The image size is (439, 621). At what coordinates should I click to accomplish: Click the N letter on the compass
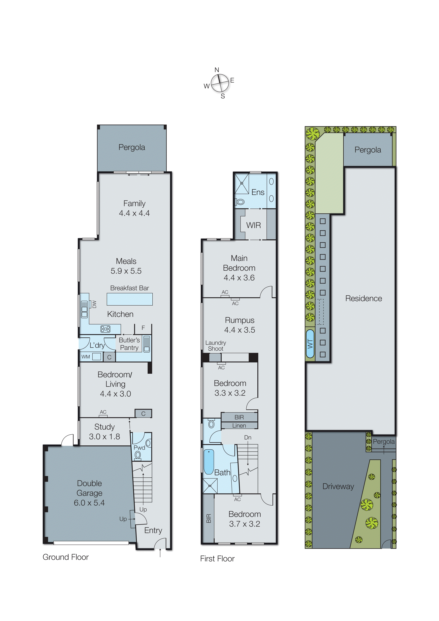click(217, 70)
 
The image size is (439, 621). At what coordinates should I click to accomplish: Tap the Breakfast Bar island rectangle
click(130, 299)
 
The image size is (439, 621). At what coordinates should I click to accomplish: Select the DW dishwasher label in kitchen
click(94, 304)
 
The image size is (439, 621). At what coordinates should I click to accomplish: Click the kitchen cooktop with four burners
click(105, 329)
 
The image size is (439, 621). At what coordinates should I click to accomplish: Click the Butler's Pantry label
click(129, 344)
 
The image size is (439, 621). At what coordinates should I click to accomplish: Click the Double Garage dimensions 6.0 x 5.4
click(89, 503)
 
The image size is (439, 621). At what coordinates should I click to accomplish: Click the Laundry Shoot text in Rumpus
click(216, 346)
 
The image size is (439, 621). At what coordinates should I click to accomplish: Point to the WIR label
click(253, 225)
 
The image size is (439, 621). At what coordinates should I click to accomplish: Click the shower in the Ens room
click(242, 183)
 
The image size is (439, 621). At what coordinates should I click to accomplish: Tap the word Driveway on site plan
click(338, 486)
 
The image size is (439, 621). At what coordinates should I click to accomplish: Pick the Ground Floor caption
click(66, 557)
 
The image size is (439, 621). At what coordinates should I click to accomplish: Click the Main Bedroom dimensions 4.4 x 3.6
click(239, 278)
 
